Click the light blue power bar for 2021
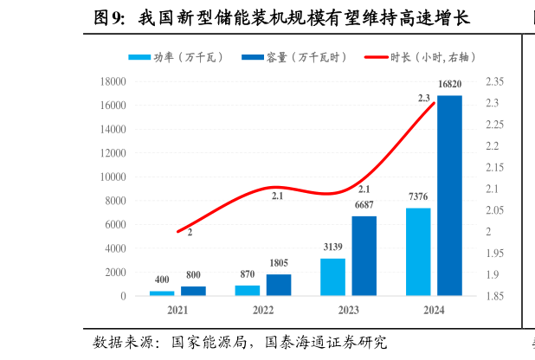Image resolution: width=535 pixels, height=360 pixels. click(x=162, y=293)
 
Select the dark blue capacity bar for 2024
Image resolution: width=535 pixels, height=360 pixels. click(x=449, y=196)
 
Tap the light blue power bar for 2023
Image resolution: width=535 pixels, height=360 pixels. click(x=332, y=277)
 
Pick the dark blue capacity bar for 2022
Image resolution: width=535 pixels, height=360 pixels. click(x=279, y=285)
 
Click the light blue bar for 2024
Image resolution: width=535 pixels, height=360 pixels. click(x=418, y=252)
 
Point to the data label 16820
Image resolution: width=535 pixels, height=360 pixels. click(x=450, y=84)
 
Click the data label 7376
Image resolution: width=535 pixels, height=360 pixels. click(x=418, y=196)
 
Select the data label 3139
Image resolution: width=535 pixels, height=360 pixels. click(x=332, y=247)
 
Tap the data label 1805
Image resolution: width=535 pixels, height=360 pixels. click(x=279, y=263)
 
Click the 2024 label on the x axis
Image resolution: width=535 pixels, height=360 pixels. click(x=433, y=310)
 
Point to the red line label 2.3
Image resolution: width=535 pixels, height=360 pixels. click(x=423, y=99)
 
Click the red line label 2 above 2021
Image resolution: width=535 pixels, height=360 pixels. click(x=190, y=233)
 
